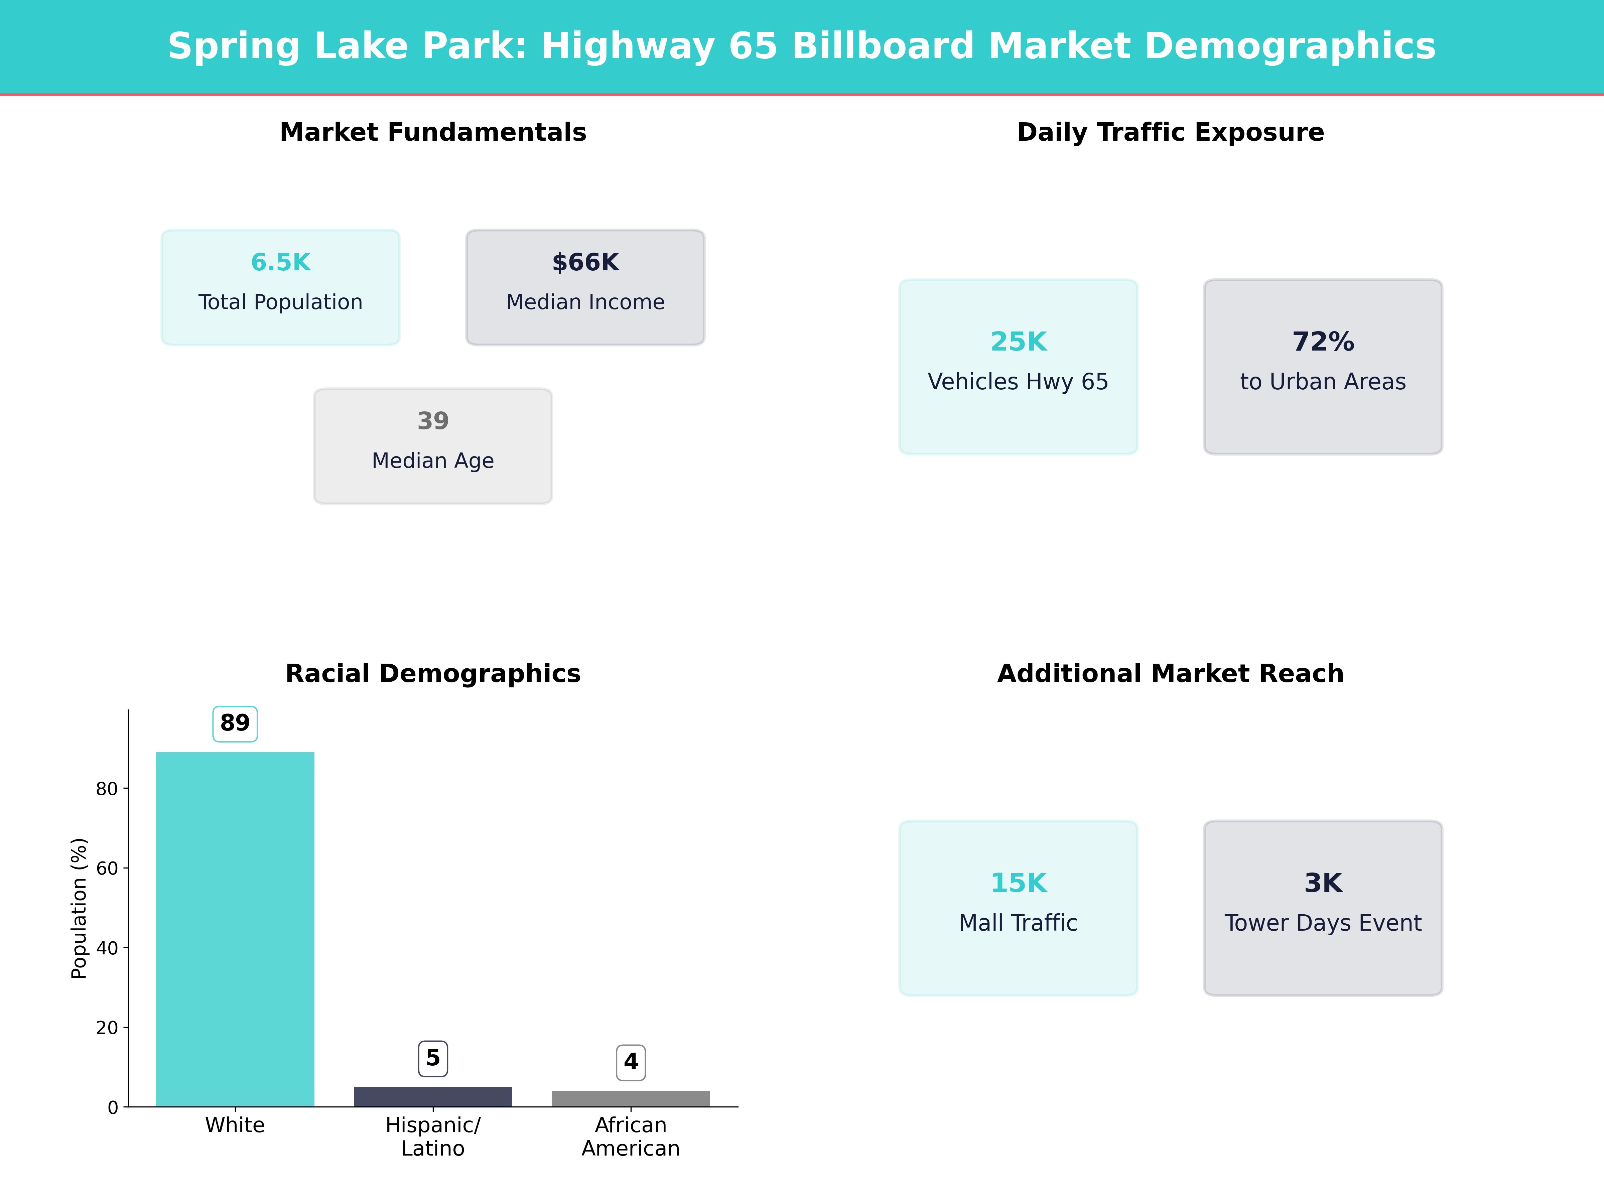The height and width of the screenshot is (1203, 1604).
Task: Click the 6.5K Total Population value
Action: pos(281,263)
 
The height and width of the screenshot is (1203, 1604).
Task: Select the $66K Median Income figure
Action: pos(585,263)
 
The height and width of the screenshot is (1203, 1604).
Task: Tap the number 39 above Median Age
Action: pos(433,421)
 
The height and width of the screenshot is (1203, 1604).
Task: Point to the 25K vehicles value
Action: pos(1018,342)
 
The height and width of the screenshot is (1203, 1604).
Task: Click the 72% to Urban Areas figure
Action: pos(1323,342)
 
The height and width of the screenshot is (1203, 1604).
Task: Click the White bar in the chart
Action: pos(235,928)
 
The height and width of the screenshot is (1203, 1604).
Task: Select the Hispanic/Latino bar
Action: pos(433,1096)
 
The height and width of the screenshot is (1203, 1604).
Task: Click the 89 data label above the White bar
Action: pos(235,723)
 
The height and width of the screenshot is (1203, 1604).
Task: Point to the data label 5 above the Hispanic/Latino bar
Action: pos(433,1058)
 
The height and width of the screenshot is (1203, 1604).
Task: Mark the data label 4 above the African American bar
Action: pos(631,1062)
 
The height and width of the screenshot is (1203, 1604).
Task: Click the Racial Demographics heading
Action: pos(433,674)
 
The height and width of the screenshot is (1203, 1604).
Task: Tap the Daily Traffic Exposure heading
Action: pos(1170,132)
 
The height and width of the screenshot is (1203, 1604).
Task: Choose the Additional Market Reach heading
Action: pos(1170,674)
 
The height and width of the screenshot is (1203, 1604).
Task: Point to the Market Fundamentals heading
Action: pos(433,132)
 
